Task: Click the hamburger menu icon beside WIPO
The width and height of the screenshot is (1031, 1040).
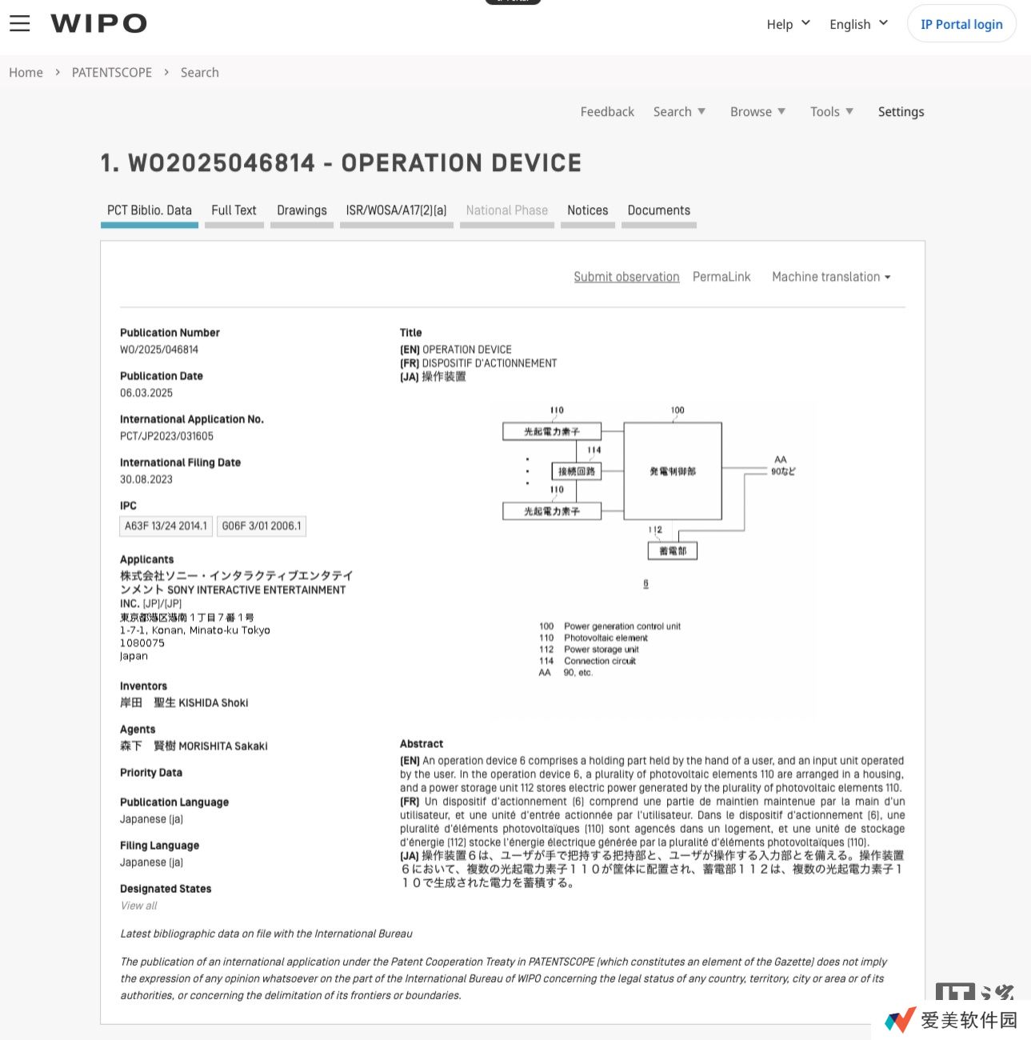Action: click(20, 23)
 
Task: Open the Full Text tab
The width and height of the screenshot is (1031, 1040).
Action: click(234, 210)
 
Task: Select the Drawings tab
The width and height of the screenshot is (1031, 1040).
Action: click(302, 210)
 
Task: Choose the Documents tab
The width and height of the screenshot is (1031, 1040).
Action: click(658, 210)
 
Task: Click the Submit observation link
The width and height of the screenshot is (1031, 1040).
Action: click(626, 277)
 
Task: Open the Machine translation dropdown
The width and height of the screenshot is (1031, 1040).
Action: click(830, 277)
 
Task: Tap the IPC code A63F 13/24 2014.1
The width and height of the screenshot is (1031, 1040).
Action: click(166, 526)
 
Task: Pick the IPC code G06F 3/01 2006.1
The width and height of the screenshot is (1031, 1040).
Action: click(262, 526)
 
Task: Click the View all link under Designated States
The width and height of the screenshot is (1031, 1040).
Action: click(138, 906)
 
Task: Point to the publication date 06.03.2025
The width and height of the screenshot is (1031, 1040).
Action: click(146, 393)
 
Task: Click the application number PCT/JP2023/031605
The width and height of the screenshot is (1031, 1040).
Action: click(166, 436)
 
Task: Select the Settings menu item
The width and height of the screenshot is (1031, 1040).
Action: click(901, 112)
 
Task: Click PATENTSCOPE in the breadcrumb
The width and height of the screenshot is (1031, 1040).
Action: click(112, 73)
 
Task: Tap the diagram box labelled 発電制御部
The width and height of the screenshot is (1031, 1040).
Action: click(673, 471)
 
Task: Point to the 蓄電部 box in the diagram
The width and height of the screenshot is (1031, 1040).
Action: click(673, 551)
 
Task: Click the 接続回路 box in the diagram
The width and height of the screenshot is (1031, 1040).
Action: click(576, 471)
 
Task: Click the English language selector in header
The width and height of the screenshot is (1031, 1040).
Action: click(858, 24)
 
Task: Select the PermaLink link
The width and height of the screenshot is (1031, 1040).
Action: click(721, 277)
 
